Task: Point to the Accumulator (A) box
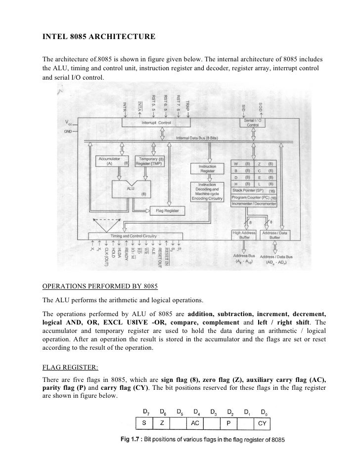tap(113, 161)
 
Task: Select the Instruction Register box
tap(207, 169)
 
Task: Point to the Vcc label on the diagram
tap(67, 123)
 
